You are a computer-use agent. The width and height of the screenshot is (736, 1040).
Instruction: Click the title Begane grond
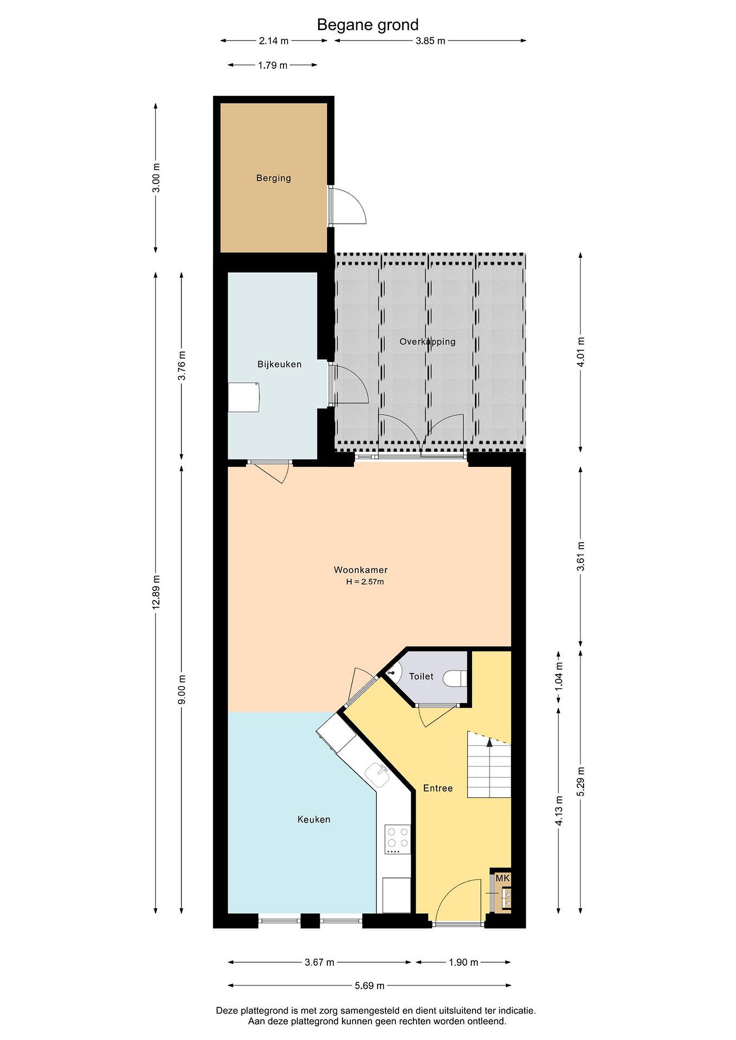(367, 25)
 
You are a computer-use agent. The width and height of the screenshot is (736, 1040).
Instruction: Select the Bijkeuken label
(279, 364)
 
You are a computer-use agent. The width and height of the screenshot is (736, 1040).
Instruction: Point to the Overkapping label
(427, 342)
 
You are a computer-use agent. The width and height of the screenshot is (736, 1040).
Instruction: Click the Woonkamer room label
(361, 570)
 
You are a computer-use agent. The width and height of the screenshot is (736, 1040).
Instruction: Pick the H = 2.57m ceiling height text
(365, 582)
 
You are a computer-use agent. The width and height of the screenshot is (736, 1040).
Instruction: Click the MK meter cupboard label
(503, 878)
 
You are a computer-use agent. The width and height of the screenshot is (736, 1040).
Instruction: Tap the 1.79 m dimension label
(273, 65)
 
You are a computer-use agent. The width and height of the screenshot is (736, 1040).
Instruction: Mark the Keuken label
(314, 819)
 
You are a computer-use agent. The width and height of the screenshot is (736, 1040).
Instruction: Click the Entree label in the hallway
(438, 788)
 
